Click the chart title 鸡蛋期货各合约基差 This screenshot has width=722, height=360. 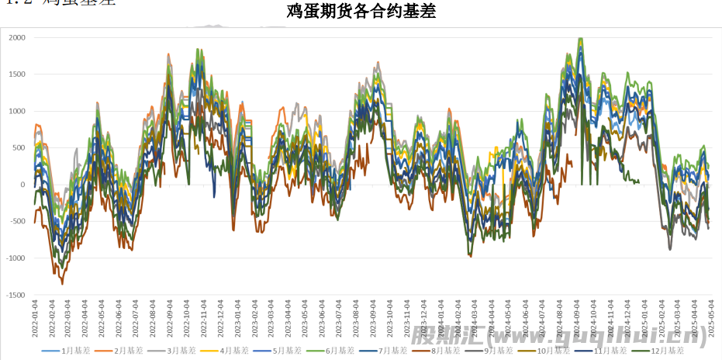pos(361,13)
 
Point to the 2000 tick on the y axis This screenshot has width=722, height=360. pos(17,37)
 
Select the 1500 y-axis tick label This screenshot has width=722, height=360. pos(17,74)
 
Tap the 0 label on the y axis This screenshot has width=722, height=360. pos(23,185)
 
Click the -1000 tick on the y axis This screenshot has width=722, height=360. pos(15,258)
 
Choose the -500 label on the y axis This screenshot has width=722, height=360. pos(17,222)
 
